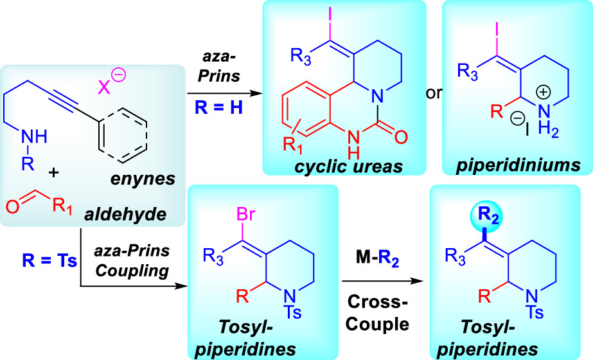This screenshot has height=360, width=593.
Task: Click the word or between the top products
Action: [x=435, y=94]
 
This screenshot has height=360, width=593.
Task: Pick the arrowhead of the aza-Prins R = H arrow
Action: [x=258, y=94]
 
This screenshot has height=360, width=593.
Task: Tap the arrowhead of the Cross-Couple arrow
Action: [x=423, y=281]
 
